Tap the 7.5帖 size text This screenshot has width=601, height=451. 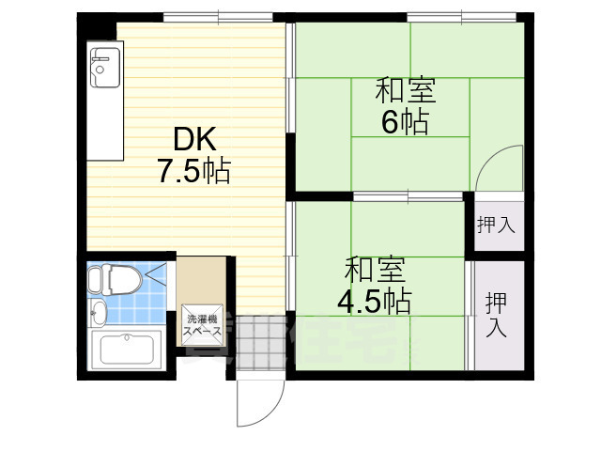pos(193,173)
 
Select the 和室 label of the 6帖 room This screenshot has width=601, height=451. pos(406,93)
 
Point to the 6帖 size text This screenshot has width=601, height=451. pos(406,122)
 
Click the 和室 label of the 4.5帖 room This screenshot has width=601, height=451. pos(375,270)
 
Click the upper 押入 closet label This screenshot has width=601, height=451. pos(495,225)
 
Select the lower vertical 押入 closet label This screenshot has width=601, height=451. pos(496,314)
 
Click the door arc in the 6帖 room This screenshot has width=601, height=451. pos(498,169)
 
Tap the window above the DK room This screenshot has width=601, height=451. pos(218,16)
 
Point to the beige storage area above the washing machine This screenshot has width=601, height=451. pos(201,279)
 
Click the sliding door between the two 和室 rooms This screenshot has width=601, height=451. pos(408,196)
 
